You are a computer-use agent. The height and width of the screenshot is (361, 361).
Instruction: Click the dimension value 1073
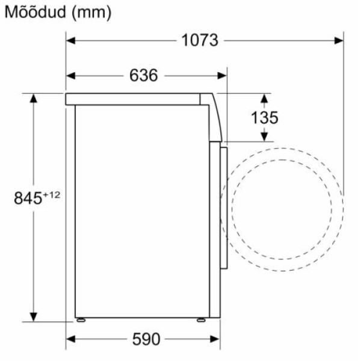(x=200, y=40)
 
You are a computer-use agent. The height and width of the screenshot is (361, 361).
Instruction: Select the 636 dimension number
(x=143, y=75)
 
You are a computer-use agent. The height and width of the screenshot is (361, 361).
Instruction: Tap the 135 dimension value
(x=265, y=117)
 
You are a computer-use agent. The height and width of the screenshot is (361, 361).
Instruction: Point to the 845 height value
(x=28, y=198)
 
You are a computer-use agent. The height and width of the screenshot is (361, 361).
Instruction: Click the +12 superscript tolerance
(x=52, y=195)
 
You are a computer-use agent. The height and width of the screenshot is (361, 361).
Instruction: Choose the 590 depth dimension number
(x=146, y=339)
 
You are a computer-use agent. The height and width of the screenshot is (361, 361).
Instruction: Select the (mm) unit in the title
(x=91, y=13)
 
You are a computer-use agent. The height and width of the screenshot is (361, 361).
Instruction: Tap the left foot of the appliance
(x=81, y=320)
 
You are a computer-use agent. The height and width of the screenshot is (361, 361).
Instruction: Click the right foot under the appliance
(x=201, y=320)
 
